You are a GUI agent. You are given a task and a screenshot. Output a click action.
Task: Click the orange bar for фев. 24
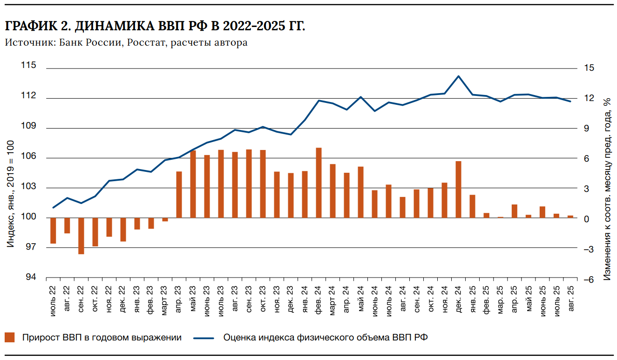coord(319,183)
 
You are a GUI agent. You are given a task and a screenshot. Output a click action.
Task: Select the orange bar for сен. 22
coord(81,236)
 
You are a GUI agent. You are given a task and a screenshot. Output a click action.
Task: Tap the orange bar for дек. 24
coord(459,189)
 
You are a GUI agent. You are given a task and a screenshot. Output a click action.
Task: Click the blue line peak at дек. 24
coord(459,76)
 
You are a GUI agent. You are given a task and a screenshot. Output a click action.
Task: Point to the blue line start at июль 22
coord(54,208)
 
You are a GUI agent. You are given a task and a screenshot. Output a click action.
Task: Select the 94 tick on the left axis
coord(30,278)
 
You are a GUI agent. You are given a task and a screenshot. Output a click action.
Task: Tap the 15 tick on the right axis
coord(589,68)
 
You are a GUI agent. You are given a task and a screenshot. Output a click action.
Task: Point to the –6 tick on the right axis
coord(589,280)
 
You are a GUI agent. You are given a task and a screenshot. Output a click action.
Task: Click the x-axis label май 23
coord(193,303)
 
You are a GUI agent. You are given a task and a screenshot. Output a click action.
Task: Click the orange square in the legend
coord(10,338)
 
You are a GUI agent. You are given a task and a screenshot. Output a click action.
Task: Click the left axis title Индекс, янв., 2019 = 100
coord(10,200)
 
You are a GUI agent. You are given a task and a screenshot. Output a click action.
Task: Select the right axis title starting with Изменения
coord(606,189)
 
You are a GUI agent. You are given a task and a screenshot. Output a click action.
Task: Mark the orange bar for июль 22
coord(53,231)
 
